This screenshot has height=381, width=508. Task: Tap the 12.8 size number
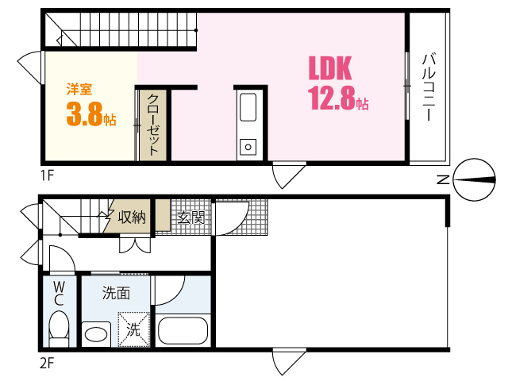tap(333, 99)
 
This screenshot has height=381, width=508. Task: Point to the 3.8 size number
tap(86, 116)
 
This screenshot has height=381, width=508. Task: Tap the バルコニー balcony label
tap(429, 87)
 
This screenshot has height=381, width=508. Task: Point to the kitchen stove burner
tap(248, 146)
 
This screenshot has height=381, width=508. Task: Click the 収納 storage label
tap(132, 217)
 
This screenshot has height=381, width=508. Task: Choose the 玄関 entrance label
tap(190, 217)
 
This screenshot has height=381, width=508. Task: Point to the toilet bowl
tap(59, 326)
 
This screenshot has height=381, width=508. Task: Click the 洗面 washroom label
tap(116, 293)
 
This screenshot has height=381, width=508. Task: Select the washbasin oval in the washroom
tap(96, 333)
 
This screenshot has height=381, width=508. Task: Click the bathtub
tap(183, 330)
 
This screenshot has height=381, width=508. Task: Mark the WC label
tap(59, 294)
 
